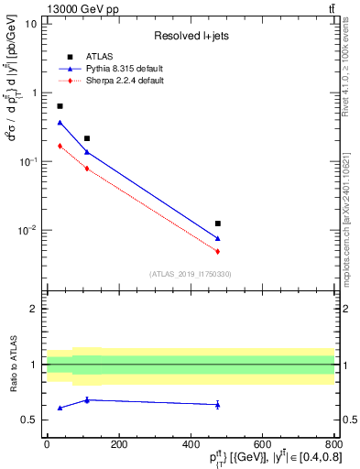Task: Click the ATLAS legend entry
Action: pos(99,56)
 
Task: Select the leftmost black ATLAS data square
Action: pos(60,106)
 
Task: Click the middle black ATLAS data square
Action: pos(87,138)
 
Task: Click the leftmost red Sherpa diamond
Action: pos(60,146)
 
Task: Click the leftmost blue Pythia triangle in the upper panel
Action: pos(60,122)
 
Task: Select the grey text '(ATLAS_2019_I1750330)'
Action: pos(190,274)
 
